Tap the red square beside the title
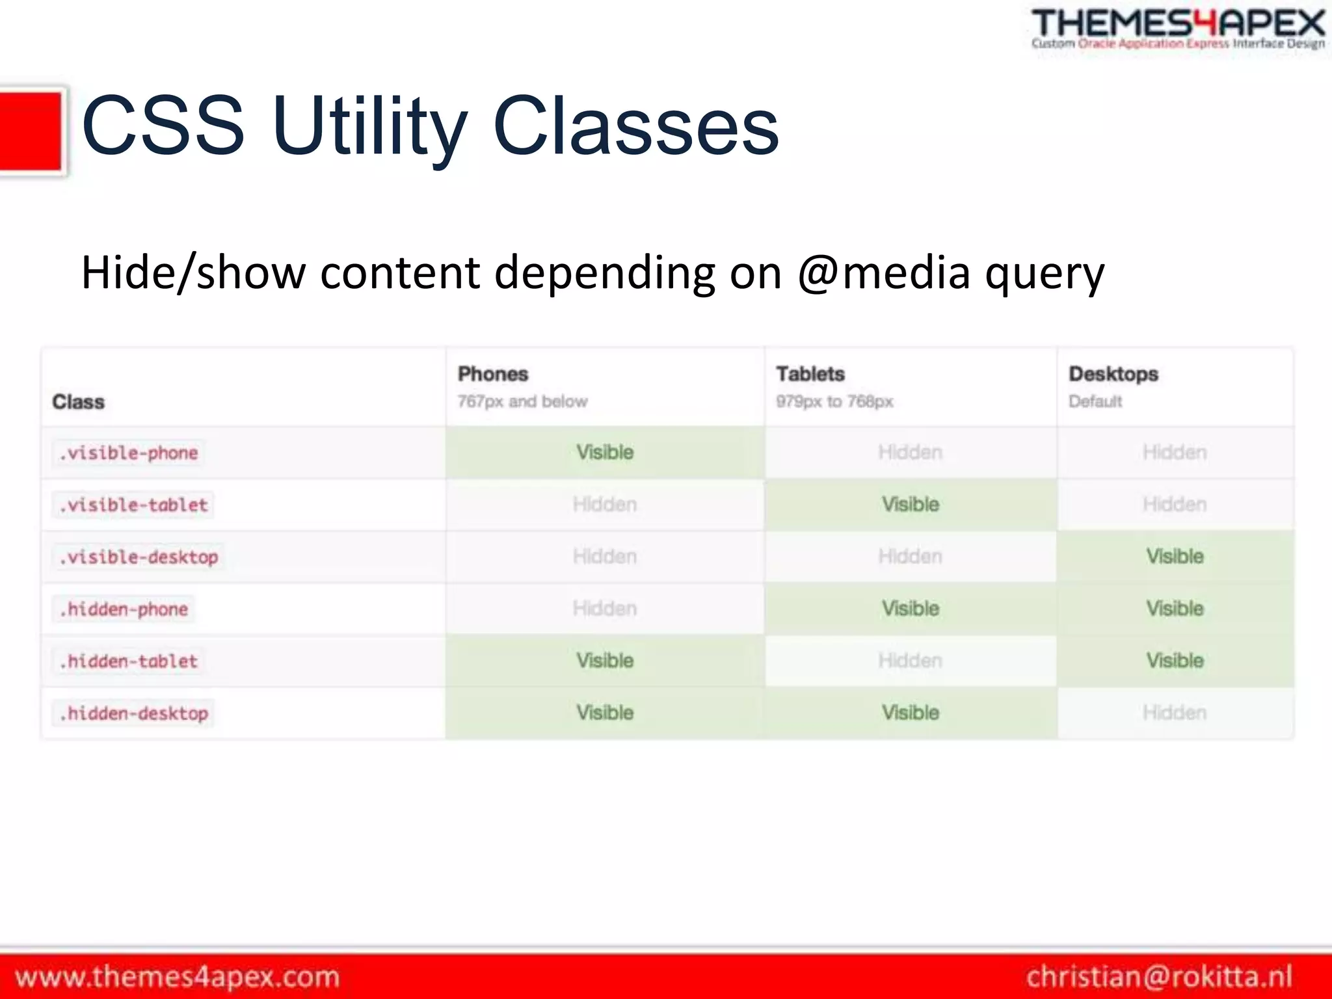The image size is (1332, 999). (31, 131)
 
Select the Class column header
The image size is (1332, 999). (78, 402)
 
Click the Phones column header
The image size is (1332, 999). (493, 374)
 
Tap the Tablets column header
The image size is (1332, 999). (810, 374)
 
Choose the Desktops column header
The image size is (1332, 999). (1113, 374)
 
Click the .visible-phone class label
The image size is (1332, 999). (128, 453)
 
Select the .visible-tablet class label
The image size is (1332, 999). (133, 505)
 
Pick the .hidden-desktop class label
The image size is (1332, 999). (133, 713)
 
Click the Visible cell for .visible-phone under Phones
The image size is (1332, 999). (605, 453)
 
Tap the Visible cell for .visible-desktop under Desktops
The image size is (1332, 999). (1175, 557)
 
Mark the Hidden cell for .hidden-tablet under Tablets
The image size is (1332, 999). (910, 661)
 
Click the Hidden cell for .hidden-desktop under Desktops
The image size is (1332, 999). (1175, 713)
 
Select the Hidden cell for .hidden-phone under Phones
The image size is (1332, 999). (605, 609)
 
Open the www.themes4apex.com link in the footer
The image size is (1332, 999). (177, 977)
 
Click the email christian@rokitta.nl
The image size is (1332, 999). (1159, 977)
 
